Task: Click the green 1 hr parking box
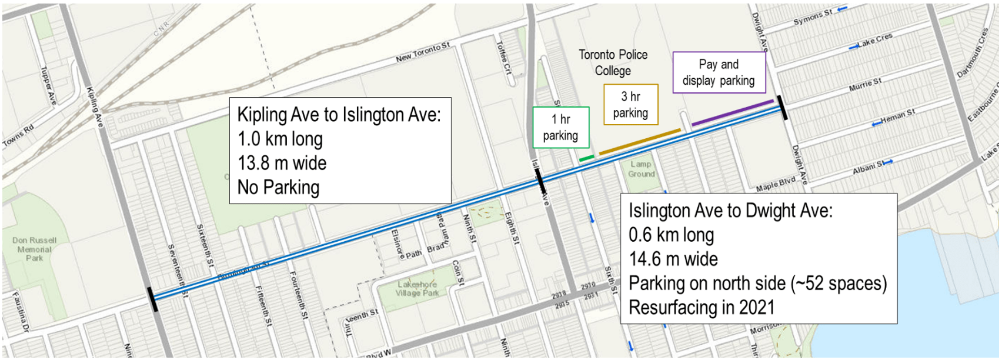click(560, 127)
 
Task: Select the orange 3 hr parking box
click(630, 105)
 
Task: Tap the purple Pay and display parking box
click(719, 72)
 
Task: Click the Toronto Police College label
click(613, 62)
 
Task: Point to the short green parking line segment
click(586, 159)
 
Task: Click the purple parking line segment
click(732, 112)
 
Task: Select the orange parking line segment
click(640, 142)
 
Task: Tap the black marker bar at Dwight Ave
click(782, 108)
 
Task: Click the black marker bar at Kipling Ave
click(153, 299)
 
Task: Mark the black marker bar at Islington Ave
click(540, 181)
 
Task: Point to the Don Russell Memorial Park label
click(34, 249)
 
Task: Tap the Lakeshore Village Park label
click(417, 289)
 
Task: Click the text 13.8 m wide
click(282, 163)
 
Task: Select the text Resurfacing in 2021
click(701, 307)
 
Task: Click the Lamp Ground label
click(641, 169)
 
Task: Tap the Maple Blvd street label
click(775, 184)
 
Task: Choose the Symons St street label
click(813, 17)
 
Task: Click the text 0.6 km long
click(671, 235)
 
